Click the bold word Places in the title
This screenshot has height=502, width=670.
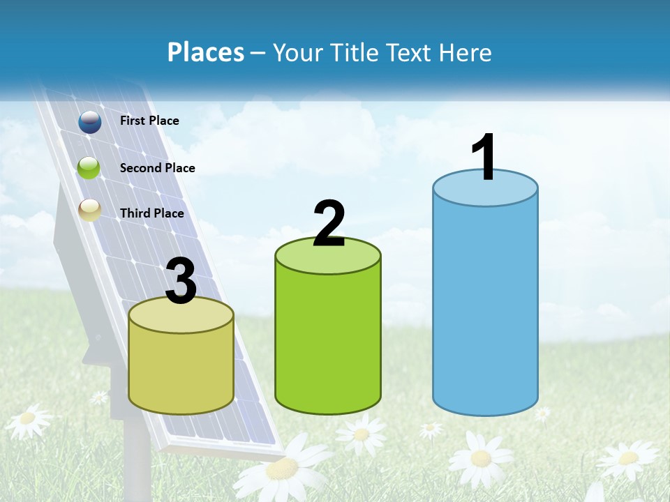[206, 52]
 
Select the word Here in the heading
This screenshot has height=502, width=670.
[466, 52]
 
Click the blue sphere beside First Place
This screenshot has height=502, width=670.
[90, 122]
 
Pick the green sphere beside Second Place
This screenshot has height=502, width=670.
[89, 168]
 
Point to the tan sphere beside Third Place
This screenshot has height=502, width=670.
[90, 209]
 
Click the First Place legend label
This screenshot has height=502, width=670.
[149, 121]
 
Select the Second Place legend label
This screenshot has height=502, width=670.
[157, 168]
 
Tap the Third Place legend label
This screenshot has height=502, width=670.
[151, 213]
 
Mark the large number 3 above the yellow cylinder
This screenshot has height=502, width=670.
[181, 281]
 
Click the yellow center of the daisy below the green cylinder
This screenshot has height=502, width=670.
[362, 434]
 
